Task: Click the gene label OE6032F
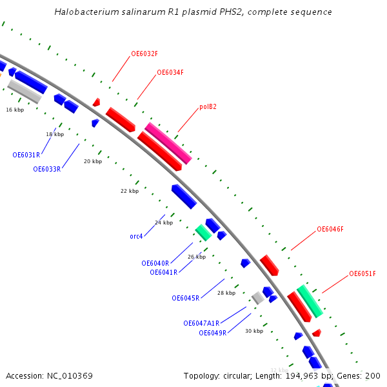click(x=144, y=54)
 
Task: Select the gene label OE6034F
click(x=170, y=72)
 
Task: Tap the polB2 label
click(x=208, y=107)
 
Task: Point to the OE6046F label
click(x=330, y=229)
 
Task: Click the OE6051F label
click(x=362, y=273)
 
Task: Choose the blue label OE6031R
click(x=26, y=155)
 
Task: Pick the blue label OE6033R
click(x=47, y=169)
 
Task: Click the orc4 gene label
click(x=136, y=236)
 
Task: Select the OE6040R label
click(x=155, y=263)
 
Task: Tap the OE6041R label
click(x=163, y=272)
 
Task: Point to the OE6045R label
click(x=185, y=298)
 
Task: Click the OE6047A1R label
click(x=201, y=323)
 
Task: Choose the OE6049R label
click(x=212, y=333)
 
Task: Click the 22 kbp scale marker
click(x=130, y=191)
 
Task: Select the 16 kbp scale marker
click(x=15, y=110)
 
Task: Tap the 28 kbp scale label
click(x=226, y=293)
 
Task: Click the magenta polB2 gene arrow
click(x=168, y=143)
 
